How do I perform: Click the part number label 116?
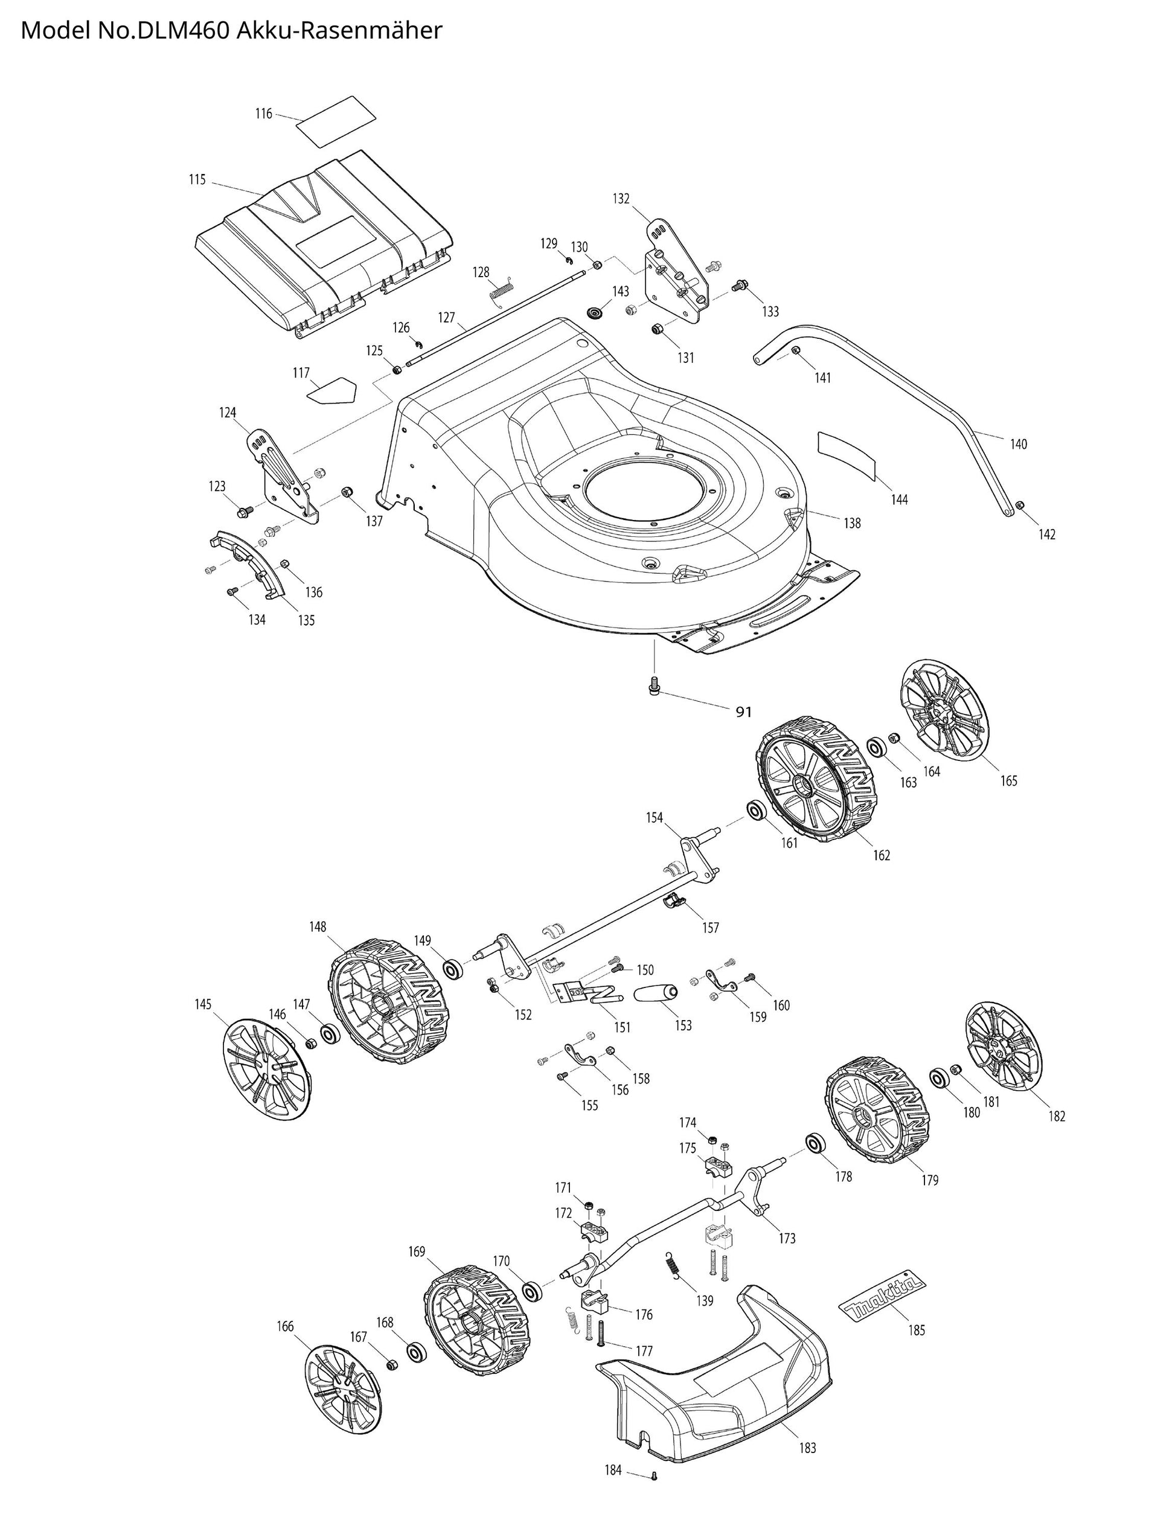(x=263, y=114)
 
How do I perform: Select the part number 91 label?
(x=743, y=712)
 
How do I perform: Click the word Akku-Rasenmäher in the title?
(x=339, y=30)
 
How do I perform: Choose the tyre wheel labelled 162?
(x=815, y=778)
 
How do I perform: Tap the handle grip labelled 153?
(x=657, y=994)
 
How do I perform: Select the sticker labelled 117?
(x=331, y=390)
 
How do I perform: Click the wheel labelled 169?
(x=476, y=1320)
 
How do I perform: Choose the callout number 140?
(x=1019, y=443)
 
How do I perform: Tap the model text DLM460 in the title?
(x=182, y=30)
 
